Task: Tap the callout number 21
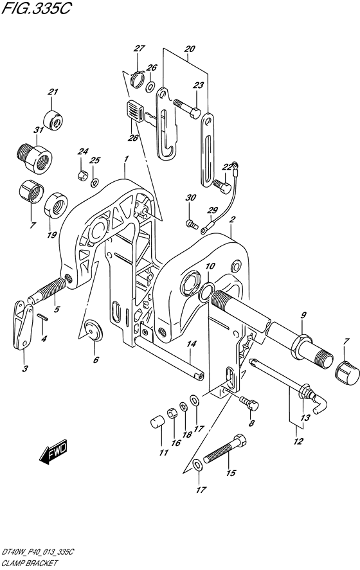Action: [x=53, y=92]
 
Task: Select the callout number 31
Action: [x=39, y=130]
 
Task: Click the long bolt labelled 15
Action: [x=226, y=449]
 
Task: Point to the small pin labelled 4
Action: [x=42, y=317]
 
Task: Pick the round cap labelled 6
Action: [x=93, y=330]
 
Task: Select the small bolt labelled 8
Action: [x=249, y=403]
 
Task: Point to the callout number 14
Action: [x=192, y=344]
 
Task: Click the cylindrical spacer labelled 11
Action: [x=157, y=423]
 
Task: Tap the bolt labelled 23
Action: [x=187, y=109]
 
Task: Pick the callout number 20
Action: [x=190, y=49]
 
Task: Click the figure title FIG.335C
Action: [x=36, y=8]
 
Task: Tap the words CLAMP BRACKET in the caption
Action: [x=30, y=563]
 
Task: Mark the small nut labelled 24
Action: [x=82, y=175]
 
